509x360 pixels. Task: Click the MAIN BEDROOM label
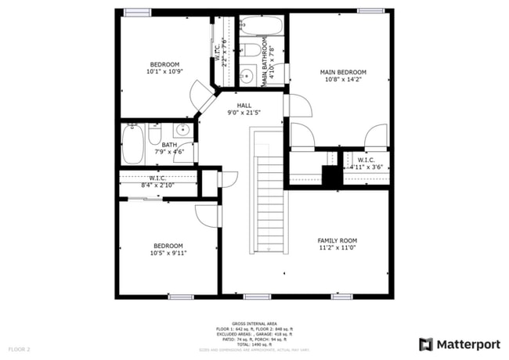point(342,72)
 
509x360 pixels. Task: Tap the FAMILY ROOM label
point(337,240)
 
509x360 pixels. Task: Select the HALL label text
point(244,105)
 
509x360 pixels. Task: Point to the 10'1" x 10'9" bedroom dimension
point(164,71)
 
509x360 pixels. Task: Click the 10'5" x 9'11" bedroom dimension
point(168,253)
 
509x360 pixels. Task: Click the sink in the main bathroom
point(245,77)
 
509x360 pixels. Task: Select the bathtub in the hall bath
point(132,145)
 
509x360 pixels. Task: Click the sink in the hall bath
point(182,131)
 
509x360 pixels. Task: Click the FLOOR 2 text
point(19,348)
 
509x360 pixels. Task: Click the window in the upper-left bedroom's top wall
point(136,12)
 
